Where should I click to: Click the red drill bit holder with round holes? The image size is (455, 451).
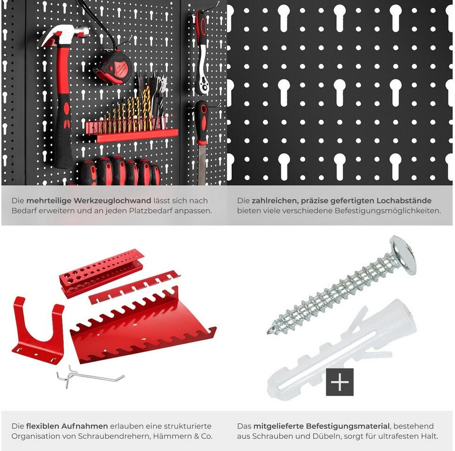click(101, 272)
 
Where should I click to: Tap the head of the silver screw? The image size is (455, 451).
click(404, 255)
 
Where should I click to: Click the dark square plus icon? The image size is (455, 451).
click(340, 382)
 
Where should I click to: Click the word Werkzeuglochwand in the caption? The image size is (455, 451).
click(113, 201)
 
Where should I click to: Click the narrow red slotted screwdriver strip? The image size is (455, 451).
click(134, 287)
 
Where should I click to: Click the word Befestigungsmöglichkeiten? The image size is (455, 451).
click(388, 211)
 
